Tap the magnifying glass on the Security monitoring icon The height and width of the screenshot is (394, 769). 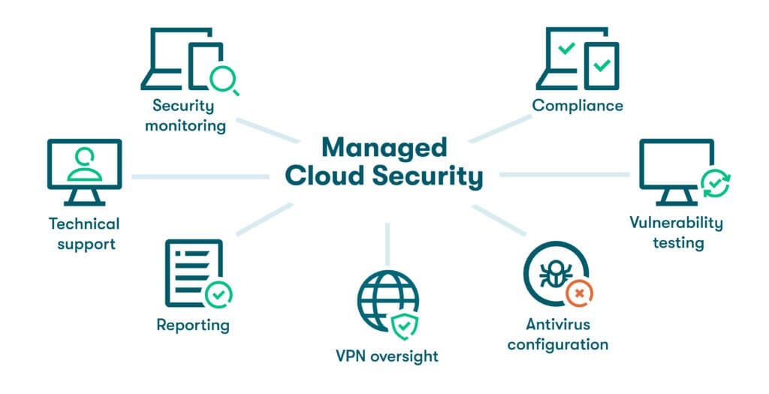point(223,78)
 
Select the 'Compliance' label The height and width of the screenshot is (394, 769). point(578,105)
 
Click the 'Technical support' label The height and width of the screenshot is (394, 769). point(83,233)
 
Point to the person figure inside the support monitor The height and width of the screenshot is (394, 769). point(84,163)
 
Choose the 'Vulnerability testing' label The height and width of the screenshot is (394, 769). point(677,232)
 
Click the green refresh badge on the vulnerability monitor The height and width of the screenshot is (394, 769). point(714,182)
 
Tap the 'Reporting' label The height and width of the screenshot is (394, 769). point(193,325)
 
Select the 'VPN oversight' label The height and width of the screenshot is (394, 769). point(388,355)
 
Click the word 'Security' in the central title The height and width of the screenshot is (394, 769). point(432,177)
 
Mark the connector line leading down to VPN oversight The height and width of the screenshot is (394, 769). point(388,244)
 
